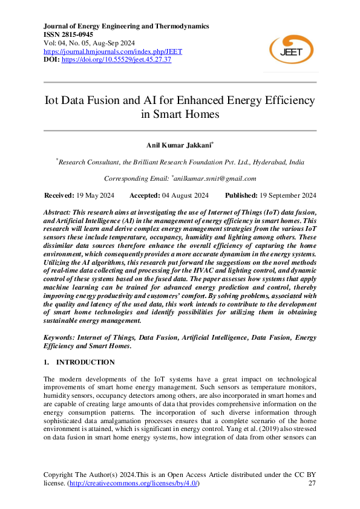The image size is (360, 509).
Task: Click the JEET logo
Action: (291, 48)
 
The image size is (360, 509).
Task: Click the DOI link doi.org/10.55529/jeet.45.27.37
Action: (116, 60)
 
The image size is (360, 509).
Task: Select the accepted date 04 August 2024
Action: (186, 195)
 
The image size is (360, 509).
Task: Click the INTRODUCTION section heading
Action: (85, 362)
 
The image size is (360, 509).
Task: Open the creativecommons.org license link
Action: (136, 484)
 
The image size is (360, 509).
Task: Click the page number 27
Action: (312, 484)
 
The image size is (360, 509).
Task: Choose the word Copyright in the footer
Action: (59, 475)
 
